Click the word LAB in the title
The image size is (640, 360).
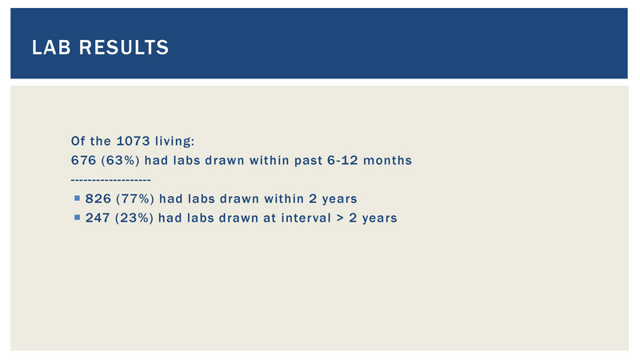[x=51, y=47]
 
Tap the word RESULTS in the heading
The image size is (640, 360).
[x=124, y=47]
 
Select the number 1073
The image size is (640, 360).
[x=133, y=142]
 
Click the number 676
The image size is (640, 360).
[x=84, y=161]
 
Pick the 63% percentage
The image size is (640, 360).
[x=121, y=161]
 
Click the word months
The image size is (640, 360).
[x=387, y=161]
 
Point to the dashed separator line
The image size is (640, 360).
[x=110, y=180]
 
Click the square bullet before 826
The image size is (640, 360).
[x=77, y=198]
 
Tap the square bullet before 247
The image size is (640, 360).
[x=77, y=218]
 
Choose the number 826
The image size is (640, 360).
[x=98, y=198]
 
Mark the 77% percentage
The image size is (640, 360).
[x=135, y=198]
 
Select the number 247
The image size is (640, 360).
[x=98, y=218]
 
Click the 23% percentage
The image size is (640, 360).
[x=134, y=218]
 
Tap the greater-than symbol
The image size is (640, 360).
[x=340, y=218]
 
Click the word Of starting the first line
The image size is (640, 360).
[x=78, y=142]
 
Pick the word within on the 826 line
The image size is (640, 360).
[x=284, y=198]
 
